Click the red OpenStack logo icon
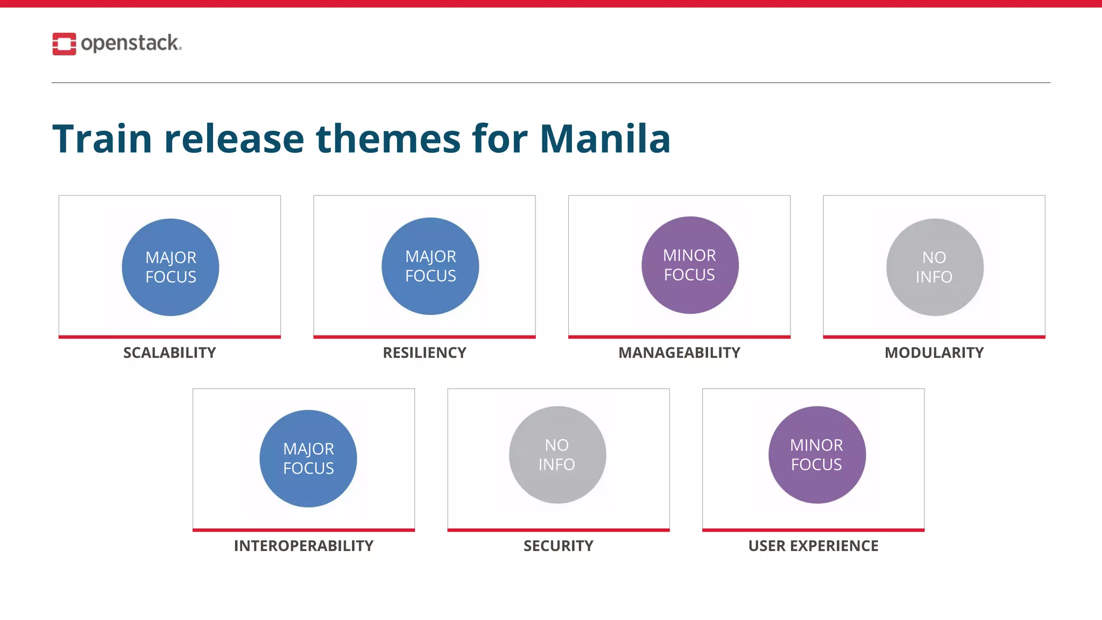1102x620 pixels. point(64,44)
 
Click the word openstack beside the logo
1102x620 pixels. point(130,43)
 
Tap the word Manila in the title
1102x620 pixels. point(605,139)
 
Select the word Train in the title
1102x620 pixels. point(102,139)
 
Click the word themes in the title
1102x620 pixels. point(387,139)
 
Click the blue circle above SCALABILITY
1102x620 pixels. point(171,267)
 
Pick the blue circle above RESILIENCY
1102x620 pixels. point(430,266)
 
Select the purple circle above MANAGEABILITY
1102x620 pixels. point(690,265)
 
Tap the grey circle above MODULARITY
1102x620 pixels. point(935,267)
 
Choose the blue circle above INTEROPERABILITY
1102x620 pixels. point(308,459)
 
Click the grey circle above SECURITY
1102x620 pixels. point(557,455)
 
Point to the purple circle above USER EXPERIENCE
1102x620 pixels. point(817,455)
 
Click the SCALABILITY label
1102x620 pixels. point(169,353)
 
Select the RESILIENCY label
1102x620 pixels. point(425,353)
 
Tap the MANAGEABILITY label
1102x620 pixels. point(679,353)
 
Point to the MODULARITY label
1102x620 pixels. point(934,353)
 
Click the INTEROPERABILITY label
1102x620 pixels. point(303,546)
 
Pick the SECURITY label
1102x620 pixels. point(559,546)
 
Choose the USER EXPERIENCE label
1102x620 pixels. point(813,546)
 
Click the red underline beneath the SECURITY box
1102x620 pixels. point(559,530)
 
